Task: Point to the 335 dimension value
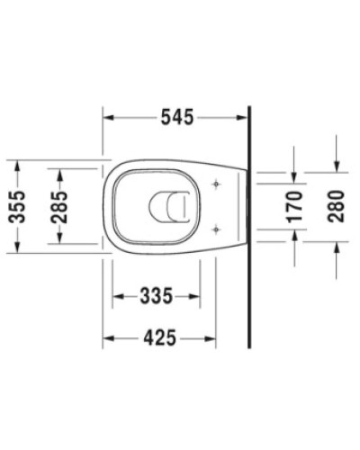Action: (x=155, y=295)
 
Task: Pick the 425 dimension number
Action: (x=159, y=338)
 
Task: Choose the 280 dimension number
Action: (x=336, y=207)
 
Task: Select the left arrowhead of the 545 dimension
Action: (x=109, y=118)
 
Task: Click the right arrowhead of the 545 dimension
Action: (x=242, y=118)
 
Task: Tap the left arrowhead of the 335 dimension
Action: (x=117, y=295)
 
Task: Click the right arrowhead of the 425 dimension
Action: (x=210, y=338)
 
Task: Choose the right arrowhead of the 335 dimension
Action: (x=193, y=295)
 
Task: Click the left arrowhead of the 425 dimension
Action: (x=109, y=338)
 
